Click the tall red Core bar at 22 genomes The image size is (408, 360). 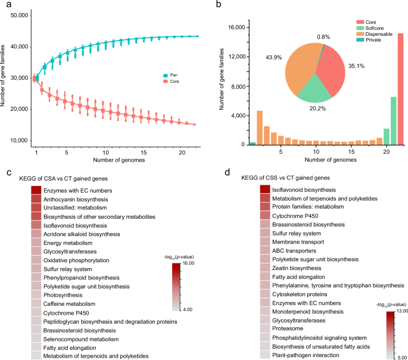(400, 89)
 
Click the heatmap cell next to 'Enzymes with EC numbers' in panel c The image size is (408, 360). (35, 190)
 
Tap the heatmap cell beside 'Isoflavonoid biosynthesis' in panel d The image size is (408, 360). (265, 189)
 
